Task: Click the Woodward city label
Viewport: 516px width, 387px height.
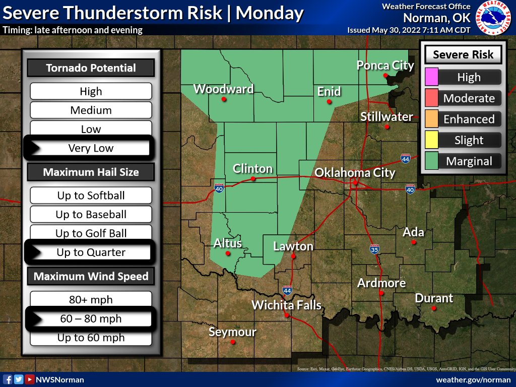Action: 223,89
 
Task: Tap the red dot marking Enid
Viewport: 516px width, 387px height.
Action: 329,102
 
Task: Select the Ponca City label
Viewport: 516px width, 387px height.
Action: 385,65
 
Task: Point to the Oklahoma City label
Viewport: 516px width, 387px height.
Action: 355,173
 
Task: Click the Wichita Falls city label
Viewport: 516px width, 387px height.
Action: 286,305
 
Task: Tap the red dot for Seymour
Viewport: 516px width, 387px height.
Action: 233,342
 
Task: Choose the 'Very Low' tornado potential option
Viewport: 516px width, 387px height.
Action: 91,148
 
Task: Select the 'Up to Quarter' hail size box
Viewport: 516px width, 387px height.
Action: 91,252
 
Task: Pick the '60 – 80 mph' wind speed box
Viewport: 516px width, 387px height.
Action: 91,319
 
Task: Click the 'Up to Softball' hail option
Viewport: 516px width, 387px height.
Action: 91,196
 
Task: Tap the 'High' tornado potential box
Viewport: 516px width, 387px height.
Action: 91,91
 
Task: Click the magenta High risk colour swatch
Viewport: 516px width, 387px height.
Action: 431,77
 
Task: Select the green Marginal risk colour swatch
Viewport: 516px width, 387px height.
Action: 431,161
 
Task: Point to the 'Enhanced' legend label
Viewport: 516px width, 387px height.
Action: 469,119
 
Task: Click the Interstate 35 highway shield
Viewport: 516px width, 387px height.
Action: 374,249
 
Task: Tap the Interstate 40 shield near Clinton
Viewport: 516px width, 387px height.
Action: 219,188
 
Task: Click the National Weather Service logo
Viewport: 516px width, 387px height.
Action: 492,18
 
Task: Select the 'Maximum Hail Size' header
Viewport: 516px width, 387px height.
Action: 91,172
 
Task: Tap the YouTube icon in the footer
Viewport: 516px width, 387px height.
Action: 30,379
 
